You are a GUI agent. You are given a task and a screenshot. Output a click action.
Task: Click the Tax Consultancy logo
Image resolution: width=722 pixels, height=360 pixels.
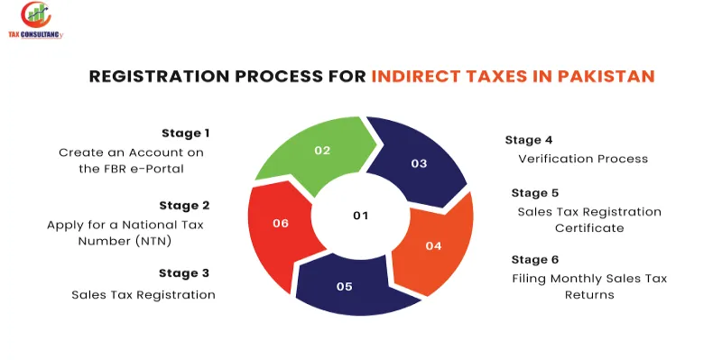point(38,20)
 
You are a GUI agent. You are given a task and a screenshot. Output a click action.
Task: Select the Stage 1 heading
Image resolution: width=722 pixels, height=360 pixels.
point(185,133)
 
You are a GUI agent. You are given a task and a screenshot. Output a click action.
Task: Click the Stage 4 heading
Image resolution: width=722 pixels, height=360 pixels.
point(529,140)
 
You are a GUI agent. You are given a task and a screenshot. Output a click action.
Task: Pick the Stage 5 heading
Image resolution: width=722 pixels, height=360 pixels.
point(535,192)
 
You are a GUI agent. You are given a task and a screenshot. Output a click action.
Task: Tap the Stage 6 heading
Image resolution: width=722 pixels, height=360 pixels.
point(535,260)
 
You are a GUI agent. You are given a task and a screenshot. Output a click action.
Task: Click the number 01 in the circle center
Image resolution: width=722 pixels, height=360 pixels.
point(361,215)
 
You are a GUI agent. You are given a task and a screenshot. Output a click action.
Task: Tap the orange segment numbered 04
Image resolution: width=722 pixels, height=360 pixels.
point(433,245)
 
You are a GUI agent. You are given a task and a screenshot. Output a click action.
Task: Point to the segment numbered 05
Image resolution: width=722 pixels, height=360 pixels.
point(344,286)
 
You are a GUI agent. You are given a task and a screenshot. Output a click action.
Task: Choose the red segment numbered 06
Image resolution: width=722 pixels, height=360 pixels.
point(280,222)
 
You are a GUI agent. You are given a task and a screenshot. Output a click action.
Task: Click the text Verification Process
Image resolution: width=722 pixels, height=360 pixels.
point(583,159)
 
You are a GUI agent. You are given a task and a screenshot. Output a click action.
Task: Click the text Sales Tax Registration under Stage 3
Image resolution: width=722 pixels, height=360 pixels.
point(143,294)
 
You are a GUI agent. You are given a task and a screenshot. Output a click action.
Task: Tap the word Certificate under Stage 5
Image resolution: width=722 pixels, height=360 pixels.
point(589,228)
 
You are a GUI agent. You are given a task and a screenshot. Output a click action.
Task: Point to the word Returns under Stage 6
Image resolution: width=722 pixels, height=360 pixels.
point(589,295)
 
